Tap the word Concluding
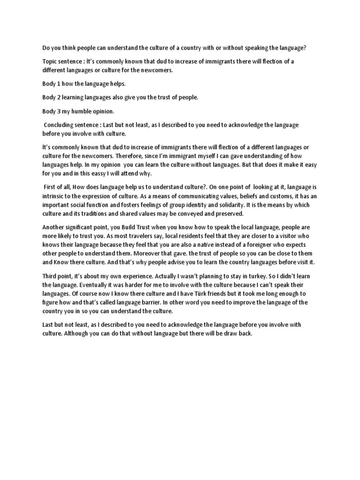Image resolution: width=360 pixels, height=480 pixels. point(62,125)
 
